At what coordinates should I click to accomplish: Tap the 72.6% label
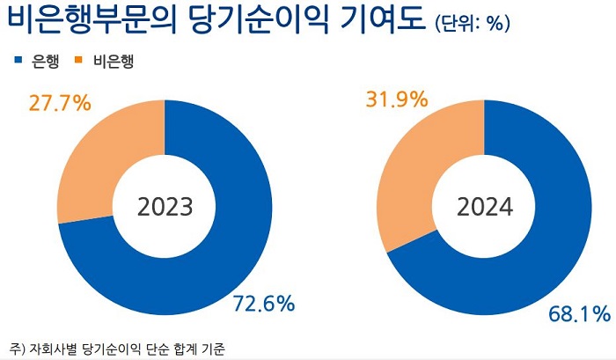pos(263,305)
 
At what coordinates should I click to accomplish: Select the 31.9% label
pos(396,99)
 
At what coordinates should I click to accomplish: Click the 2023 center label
pos(165,207)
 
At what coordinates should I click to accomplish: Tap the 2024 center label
pos(485,207)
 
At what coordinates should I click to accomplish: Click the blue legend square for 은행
pos(18,61)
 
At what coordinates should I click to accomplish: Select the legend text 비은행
pos(113,61)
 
